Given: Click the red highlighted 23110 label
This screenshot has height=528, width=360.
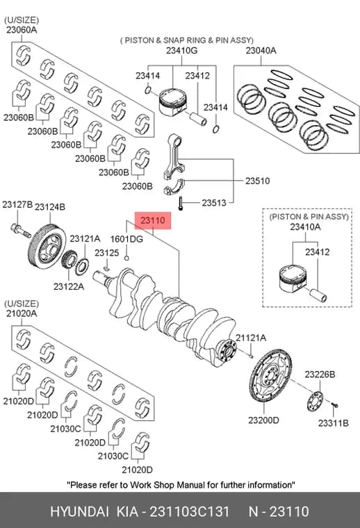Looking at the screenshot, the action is (x=153, y=220).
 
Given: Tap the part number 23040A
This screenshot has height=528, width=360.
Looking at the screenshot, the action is (x=261, y=51).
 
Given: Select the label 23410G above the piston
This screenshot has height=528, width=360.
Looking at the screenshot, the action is (x=181, y=51).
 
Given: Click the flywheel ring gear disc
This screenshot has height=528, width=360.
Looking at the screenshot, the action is (x=270, y=375).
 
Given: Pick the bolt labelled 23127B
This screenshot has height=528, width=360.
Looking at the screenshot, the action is (x=21, y=231).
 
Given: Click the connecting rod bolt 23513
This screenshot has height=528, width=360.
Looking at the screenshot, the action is (x=181, y=204).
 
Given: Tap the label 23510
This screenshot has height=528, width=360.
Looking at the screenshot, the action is (x=258, y=181).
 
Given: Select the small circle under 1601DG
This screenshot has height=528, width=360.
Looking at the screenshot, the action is (x=126, y=258).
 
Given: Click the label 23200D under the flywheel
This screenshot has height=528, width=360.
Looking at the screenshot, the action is (x=263, y=420).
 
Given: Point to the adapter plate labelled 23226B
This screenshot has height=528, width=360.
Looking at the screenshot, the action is (x=315, y=401).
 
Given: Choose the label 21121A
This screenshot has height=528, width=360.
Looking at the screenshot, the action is (x=251, y=338).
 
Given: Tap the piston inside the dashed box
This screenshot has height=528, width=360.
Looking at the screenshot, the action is (x=292, y=279).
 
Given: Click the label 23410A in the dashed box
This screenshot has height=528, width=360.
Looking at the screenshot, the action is (x=306, y=227).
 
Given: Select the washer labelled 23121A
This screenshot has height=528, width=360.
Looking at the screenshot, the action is (x=82, y=267).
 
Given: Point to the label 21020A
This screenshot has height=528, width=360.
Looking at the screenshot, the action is (x=22, y=314).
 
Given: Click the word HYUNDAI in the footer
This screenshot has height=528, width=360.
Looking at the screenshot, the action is (x=79, y=511).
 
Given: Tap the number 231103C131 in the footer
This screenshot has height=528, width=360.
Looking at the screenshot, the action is (x=190, y=511).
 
